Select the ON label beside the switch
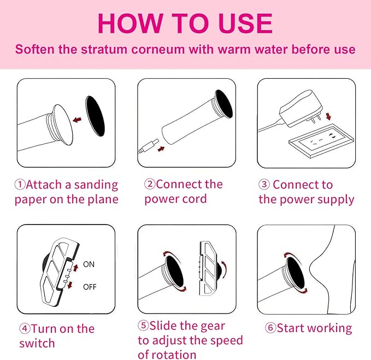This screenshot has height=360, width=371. (x=89, y=264)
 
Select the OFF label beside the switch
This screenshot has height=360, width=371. (x=90, y=287)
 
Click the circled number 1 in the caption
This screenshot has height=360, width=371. (x=20, y=185)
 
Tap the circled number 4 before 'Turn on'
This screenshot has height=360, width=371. (x=25, y=329)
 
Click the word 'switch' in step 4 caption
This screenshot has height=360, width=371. (x=37, y=344)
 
